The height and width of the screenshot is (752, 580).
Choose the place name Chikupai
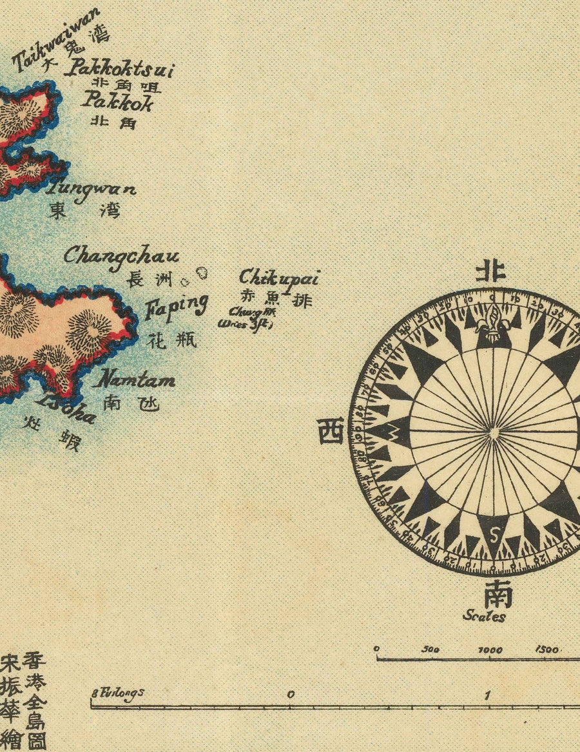[279, 279]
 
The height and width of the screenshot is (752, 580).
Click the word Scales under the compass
[484, 617]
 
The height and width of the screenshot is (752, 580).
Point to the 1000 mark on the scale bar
[490, 650]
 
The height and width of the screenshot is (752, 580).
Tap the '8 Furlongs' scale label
[118, 693]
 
